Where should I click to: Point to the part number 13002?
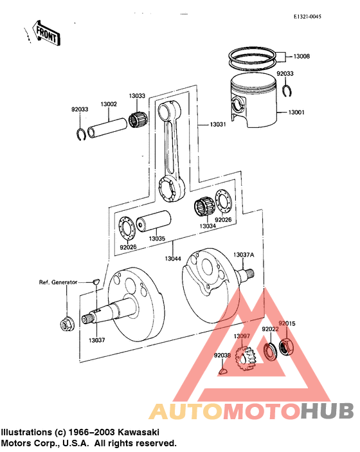[x=108, y=104]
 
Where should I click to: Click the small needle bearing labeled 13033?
[x=136, y=120]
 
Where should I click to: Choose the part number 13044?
[x=172, y=258]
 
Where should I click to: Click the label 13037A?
[x=244, y=255]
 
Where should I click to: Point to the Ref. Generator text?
[x=58, y=282]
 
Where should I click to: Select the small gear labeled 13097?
[x=244, y=357]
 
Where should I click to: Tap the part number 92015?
[x=286, y=323]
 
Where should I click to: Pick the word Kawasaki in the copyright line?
[x=138, y=432]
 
